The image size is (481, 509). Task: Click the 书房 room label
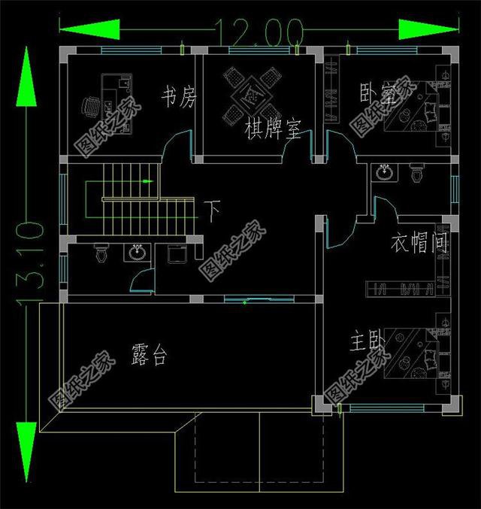pyautogui.click(x=178, y=96)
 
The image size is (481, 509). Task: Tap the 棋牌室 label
pyautogui.click(x=273, y=130)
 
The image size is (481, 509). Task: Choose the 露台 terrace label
pyautogui.click(x=149, y=355)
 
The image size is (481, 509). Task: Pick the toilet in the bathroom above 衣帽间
pyautogui.click(x=415, y=174)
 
